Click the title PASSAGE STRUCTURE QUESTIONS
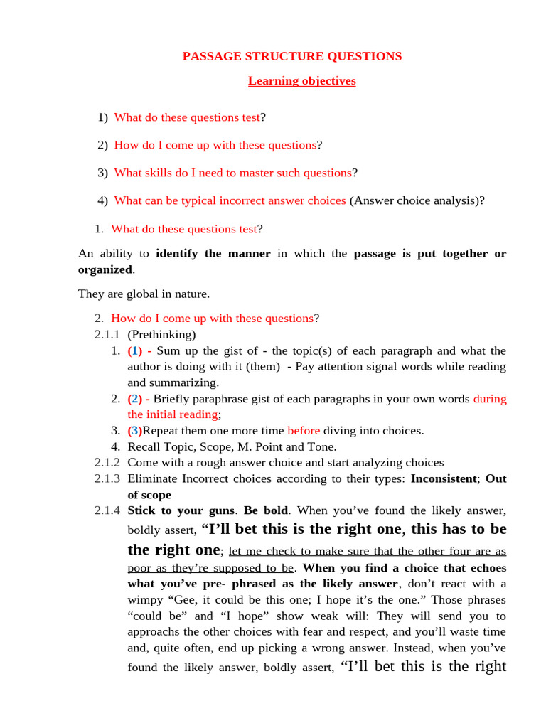(292, 56)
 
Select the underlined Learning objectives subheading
(301, 80)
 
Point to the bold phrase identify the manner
(213, 253)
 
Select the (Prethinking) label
(161, 334)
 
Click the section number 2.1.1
(107, 334)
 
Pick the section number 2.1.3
(107, 478)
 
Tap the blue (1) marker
(135, 350)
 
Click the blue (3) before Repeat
(135, 430)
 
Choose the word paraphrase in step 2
(223, 398)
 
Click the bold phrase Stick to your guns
(181, 510)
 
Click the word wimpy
(144, 599)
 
